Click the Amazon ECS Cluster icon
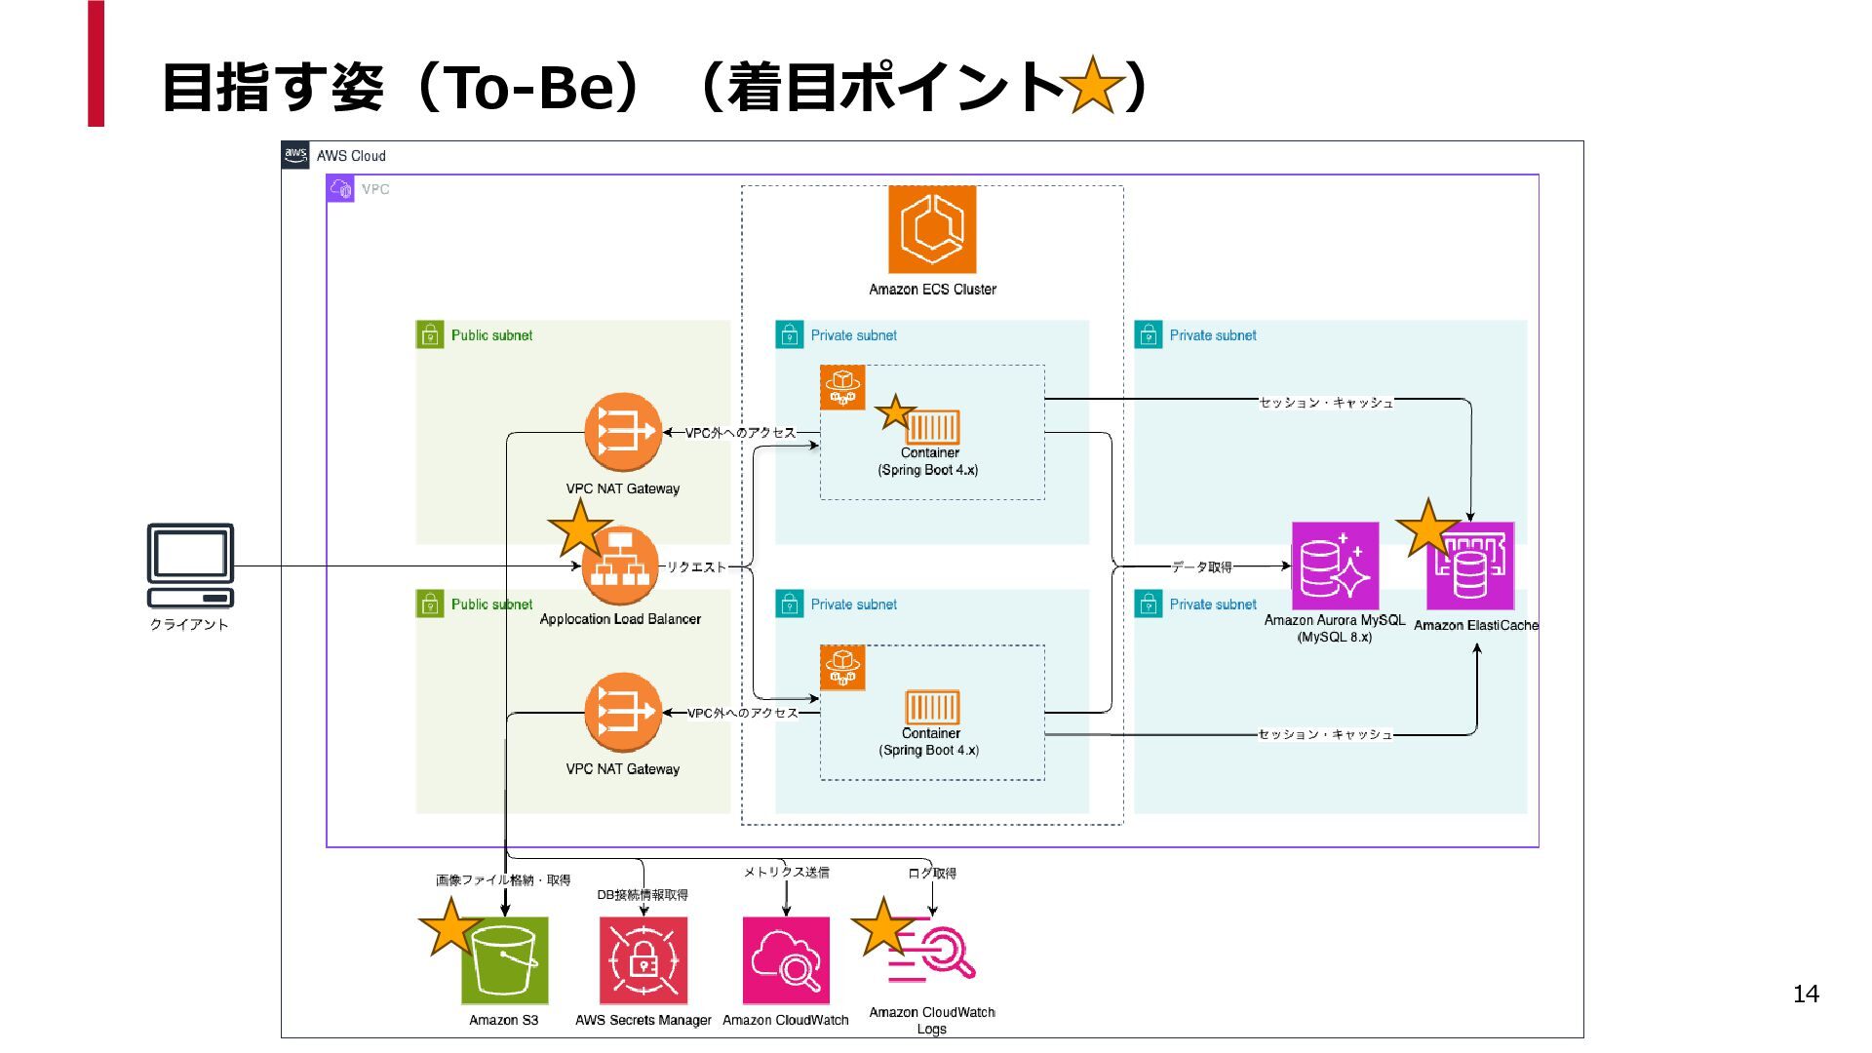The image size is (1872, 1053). (932, 229)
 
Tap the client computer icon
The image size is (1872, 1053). (190, 565)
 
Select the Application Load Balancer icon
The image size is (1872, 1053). (620, 565)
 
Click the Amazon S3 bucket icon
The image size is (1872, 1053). (505, 960)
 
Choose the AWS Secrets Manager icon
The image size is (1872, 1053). (643, 960)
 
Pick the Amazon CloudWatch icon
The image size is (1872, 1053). (786, 960)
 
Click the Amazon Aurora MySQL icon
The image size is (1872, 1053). (1335, 565)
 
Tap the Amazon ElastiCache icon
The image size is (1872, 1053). (1470, 565)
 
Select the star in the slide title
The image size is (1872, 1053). (1093, 86)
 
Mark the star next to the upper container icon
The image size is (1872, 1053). (895, 411)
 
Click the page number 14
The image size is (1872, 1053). (1806, 994)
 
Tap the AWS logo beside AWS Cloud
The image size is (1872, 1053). (295, 155)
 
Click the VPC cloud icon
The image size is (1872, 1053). (340, 188)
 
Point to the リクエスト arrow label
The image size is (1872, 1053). (696, 566)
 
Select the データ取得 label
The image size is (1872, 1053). (1201, 566)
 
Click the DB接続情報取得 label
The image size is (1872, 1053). (643, 894)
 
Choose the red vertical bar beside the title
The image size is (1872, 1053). (96, 63)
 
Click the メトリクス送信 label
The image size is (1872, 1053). (786, 872)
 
